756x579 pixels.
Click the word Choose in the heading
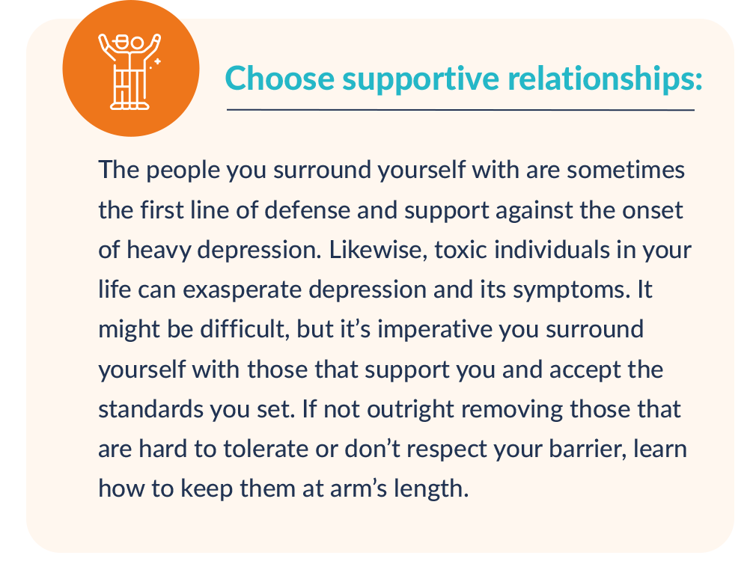[280, 78]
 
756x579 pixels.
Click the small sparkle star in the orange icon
[157, 61]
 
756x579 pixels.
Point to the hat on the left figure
[123, 40]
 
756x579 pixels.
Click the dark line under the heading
[460, 110]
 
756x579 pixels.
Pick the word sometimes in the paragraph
[626, 170]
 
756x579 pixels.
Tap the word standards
[150, 409]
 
